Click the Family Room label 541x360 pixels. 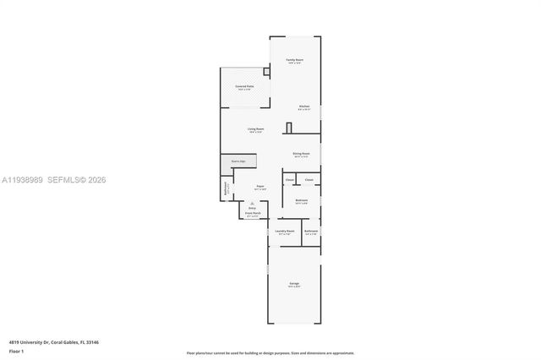click(294, 60)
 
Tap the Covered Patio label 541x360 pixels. click(245, 86)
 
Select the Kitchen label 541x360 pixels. click(303, 106)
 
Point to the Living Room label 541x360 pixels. click(255, 129)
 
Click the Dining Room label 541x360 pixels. click(301, 154)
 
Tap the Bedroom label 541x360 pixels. click(301, 200)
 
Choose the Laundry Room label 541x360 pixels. click(285, 231)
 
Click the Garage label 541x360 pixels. click(294, 283)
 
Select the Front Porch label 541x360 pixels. click(254, 214)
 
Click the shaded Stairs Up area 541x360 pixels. click(238, 161)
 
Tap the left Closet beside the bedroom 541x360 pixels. click(290, 180)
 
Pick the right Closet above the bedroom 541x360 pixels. click(309, 180)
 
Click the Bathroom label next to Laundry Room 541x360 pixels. click(311, 231)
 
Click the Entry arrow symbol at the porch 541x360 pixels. click(253, 204)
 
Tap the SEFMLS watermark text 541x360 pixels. click(71, 181)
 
